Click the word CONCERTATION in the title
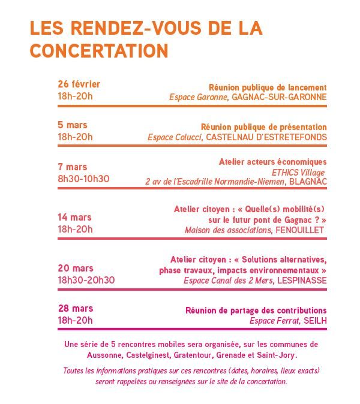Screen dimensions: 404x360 pos(99,51)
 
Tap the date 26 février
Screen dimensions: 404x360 pos(79,84)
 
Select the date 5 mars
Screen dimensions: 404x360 pos(72,125)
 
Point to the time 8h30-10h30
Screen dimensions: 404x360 pos(83,178)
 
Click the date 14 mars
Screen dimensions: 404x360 pos(74,217)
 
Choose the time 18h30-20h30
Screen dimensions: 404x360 pos(86,280)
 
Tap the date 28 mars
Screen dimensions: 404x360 pos(75,308)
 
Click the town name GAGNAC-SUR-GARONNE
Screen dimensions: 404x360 pos(279,97)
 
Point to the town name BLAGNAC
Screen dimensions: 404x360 pos(308,180)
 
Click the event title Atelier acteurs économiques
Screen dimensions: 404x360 pos(272,162)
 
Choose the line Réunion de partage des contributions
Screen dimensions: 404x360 pos(256,310)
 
